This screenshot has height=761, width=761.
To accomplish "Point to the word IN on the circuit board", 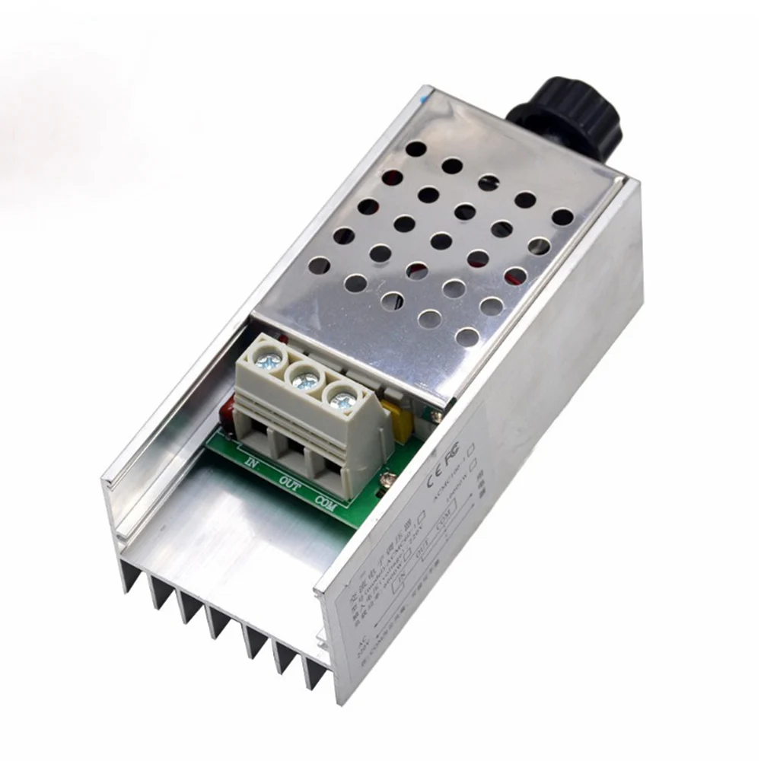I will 253,461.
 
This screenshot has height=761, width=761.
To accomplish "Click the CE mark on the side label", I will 432,481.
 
